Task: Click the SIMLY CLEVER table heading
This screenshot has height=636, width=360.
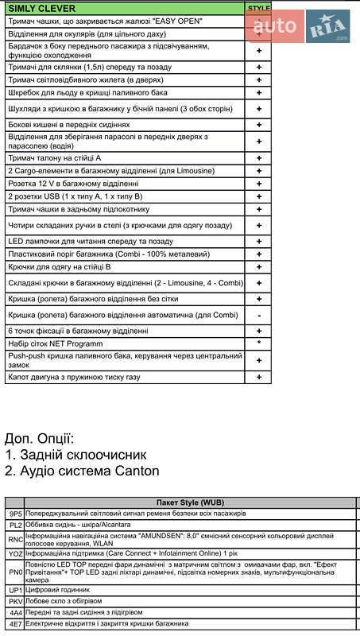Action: coord(37,8)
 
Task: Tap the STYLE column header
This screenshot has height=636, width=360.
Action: coord(259,8)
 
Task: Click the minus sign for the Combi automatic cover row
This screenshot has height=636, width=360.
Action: coord(259,315)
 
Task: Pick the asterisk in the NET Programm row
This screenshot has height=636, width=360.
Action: coord(259,343)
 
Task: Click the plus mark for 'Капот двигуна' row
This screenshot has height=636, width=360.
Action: coord(259,376)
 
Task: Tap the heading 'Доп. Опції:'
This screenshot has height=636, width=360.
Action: coord(40,438)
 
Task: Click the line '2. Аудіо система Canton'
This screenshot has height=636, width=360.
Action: coord(82,471)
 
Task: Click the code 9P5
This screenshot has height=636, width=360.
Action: coord(16,514)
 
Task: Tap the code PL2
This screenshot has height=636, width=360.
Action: coord(16,525)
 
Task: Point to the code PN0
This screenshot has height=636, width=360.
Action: coord(16,572)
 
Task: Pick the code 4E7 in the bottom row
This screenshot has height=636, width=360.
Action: coord(16,624)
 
